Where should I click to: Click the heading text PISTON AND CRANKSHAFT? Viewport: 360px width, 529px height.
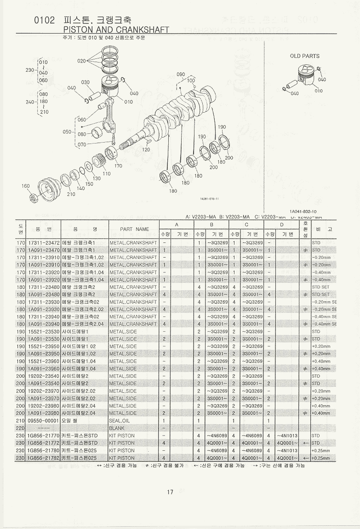pos(115,30)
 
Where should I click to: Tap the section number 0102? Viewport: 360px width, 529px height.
pos(45,20)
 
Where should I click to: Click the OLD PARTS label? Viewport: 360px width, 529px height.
pos(304,56)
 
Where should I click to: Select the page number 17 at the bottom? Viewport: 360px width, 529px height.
pos(170,492)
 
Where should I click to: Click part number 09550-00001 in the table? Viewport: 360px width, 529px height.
pos(44,420)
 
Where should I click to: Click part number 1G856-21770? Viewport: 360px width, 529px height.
pos(44,435)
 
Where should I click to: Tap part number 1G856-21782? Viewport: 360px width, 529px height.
pos(44,458)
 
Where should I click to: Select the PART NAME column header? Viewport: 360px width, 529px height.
pos(134,229)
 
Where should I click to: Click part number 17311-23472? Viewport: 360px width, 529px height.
pos(44,242)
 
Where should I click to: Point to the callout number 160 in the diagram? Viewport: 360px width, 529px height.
pos(26,186)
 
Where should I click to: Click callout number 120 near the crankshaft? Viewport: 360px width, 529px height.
pos(146,149)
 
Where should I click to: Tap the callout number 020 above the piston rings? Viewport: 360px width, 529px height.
pos(81,61)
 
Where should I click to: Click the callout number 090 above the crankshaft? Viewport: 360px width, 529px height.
pos(181,74)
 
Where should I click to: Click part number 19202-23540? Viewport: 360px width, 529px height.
pos(44,376)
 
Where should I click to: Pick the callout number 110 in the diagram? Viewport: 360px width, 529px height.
pos(106,173)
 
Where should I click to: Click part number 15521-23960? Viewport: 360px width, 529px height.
pos(44,361)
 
